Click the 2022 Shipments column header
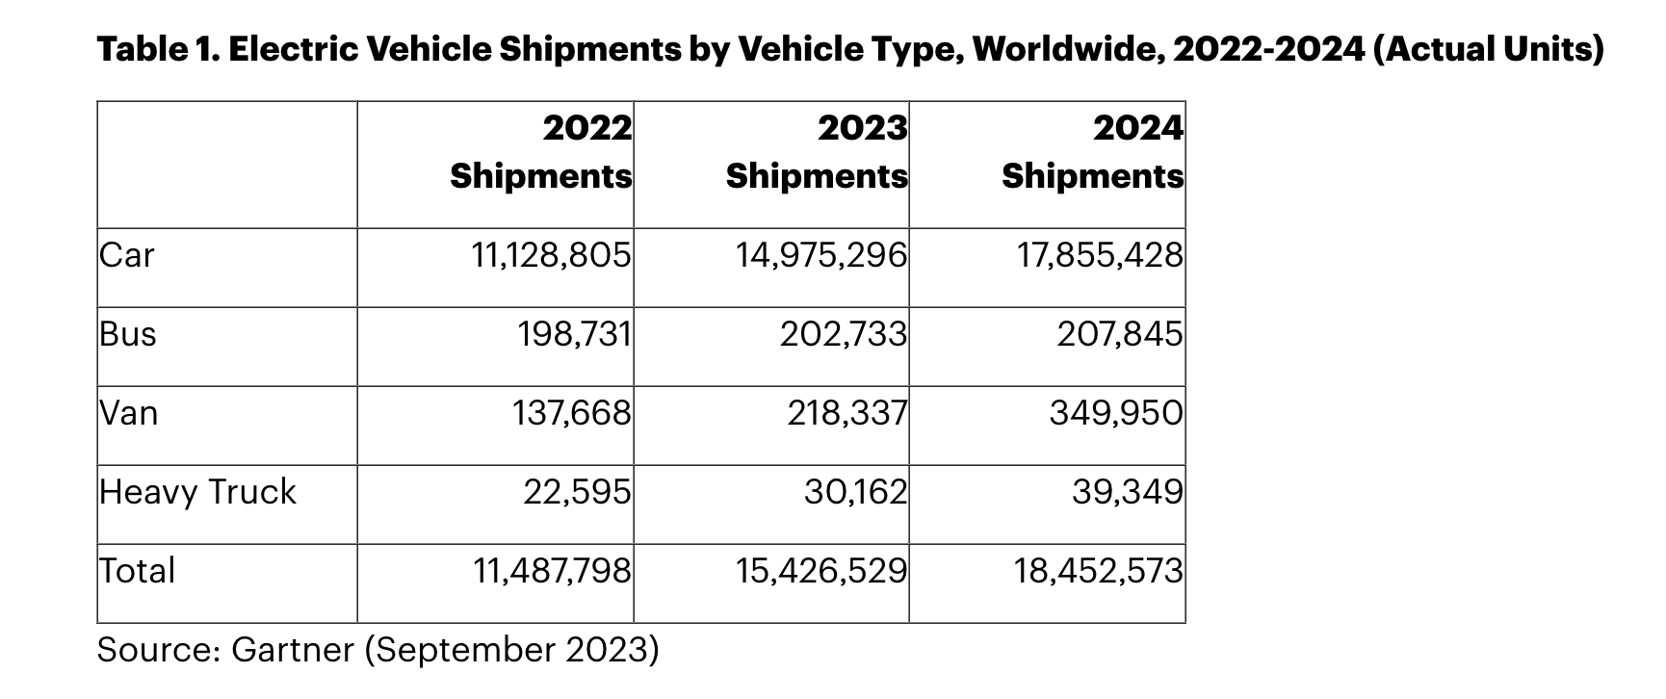[x=541, y=152]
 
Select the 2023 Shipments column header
[x=817, y=152]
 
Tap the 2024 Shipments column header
[x=1092, y=152]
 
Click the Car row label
[x=127, y=255]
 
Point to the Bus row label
[x=128, y=334]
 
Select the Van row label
[x=129, y=413]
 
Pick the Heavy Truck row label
[x=197, y=492]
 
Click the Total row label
[x=138, y=571]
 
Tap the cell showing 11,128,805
[x=551, y=255]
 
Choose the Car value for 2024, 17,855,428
[x=1100, y=255]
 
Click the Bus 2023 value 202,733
[x=844, y=334]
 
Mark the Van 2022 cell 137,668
[x=571, y=413]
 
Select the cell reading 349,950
[x=1115, y=413]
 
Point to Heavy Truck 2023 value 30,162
[x=855, y=492]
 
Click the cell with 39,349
[x=1127, y=492]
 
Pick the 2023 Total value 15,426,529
[x=821, y=571]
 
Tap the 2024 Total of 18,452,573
[x=1098, y=571]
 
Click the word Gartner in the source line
[x=294, y=650]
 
